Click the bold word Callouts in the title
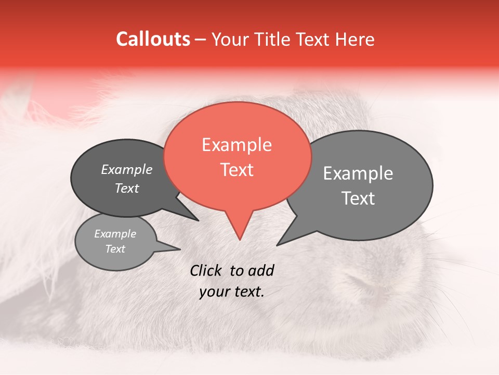click(153, 39)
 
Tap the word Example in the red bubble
click(237, 145)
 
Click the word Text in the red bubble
click(237, 170)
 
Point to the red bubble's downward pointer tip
click(240, 239)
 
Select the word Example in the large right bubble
click(358, 173)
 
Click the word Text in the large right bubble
click(358, 198)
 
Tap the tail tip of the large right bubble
click(277, 245)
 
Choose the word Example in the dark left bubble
click(127, 169)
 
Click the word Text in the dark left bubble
click(127, 188)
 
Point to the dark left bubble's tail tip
click(198, 220)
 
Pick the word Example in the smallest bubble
click(115, 234)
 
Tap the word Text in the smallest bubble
click(115, 249)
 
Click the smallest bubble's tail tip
click(180, 249)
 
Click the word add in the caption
click(261, 270)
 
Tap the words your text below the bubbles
click(232, 292)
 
